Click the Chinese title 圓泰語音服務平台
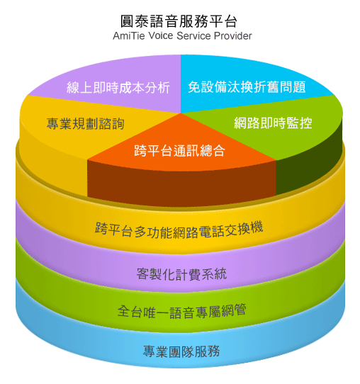point(179,21)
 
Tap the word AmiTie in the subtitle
point(129,36)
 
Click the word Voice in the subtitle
point(161,36)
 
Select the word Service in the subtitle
point(193,36)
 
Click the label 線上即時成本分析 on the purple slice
point(118,87)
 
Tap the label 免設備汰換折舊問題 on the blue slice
point(247,87)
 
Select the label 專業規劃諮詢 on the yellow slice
point(86,123)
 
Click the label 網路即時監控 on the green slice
point(273,123)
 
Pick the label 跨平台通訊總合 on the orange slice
point(179,150)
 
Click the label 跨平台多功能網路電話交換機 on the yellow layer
point(179,230)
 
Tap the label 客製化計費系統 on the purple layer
point(181,274)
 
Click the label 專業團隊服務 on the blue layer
point(181,351)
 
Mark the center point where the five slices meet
point(181,113)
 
